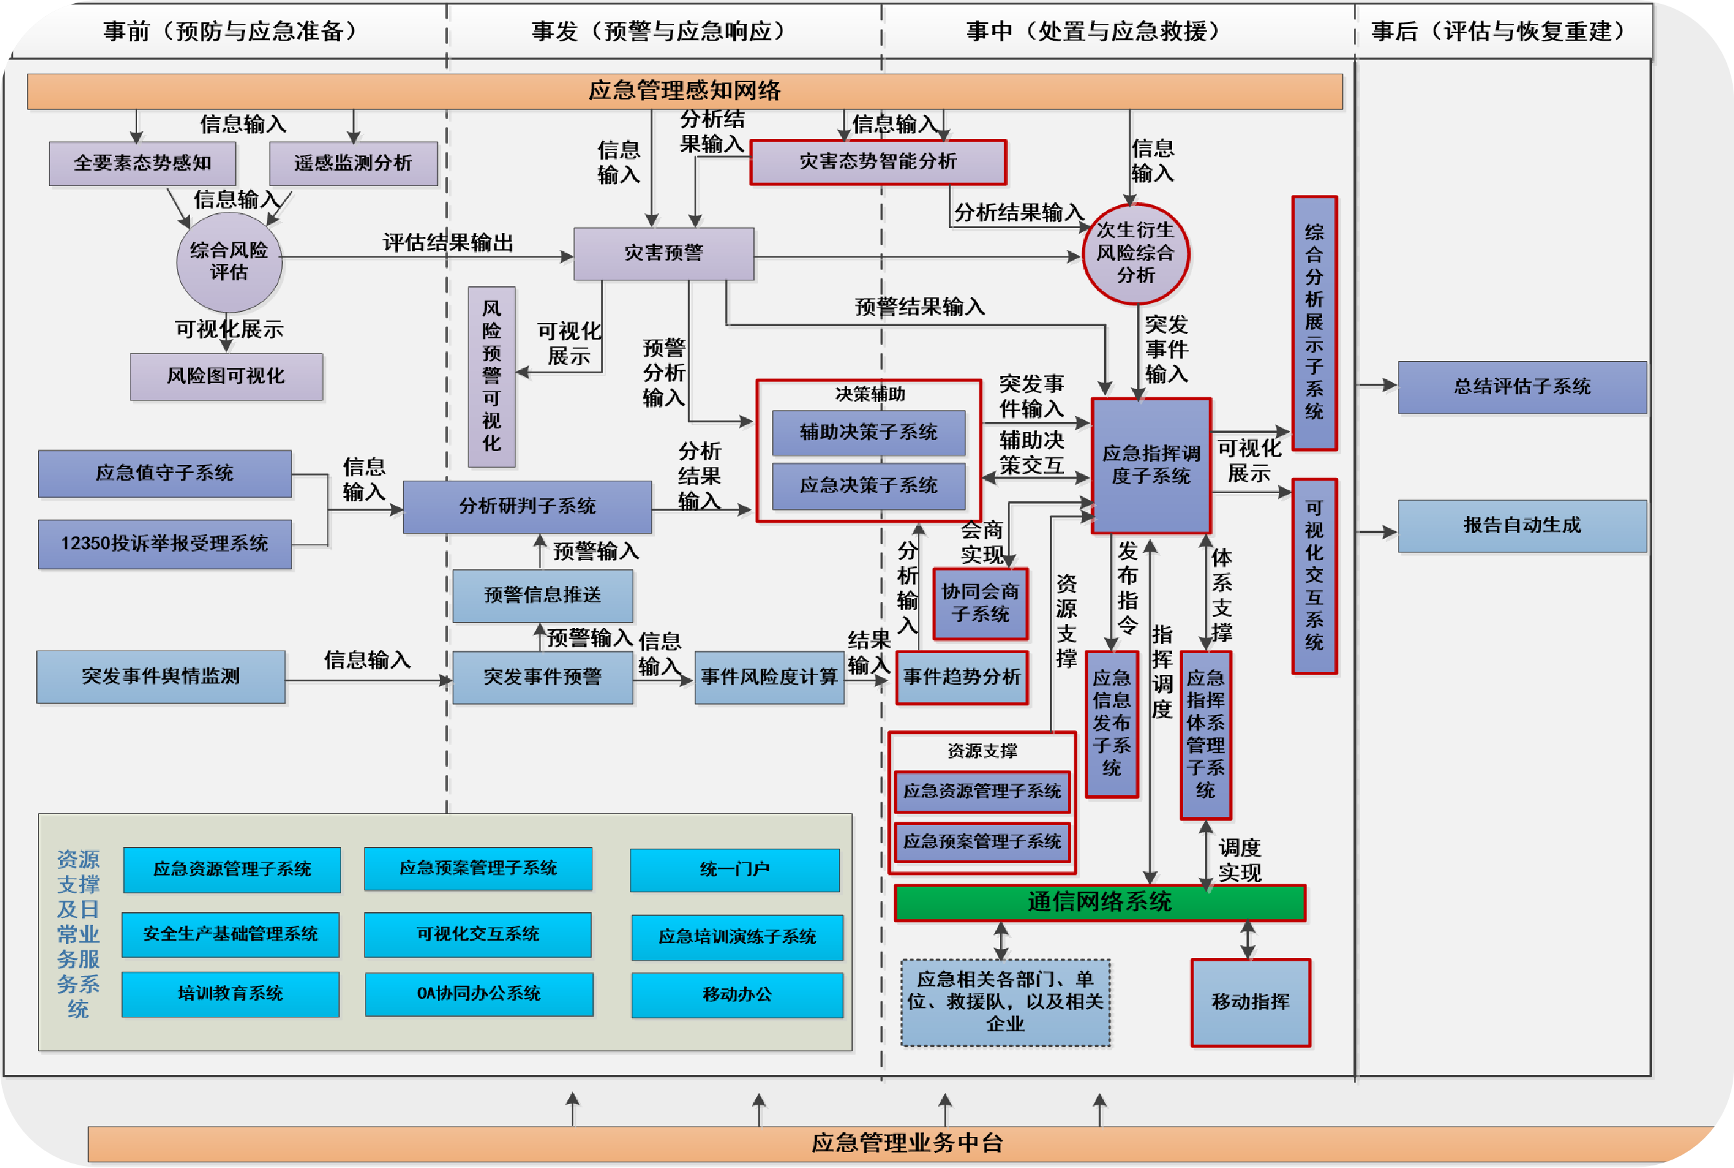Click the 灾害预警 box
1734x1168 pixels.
coord(663,253)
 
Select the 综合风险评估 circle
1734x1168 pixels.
coord(229,262)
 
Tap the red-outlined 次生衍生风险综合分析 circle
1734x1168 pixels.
coord(1135,253)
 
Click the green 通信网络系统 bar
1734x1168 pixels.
coord(1100,902)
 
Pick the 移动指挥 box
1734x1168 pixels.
coord(1250,1002)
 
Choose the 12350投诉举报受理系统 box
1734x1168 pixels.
coord(165,544)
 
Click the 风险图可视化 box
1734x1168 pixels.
coord(225,376)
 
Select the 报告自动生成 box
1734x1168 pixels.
coord(1521,526)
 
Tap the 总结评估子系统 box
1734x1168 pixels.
coord(1521,386)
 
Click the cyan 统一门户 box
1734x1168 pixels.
coord(735,870)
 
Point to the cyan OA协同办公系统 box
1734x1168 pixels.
coord(479,994)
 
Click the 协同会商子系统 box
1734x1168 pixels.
coord(979,603)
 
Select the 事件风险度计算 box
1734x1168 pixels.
coord(769,677)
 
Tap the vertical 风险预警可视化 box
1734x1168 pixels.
coord(492,376)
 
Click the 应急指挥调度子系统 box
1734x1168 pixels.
coord(1151,466)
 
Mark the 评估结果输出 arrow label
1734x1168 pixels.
coord(448,243)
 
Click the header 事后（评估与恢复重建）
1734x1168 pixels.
coord(1501,31)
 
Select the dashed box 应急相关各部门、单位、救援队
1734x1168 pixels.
coord(1005,1002)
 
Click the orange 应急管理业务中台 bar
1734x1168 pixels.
coord(906,1142)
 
